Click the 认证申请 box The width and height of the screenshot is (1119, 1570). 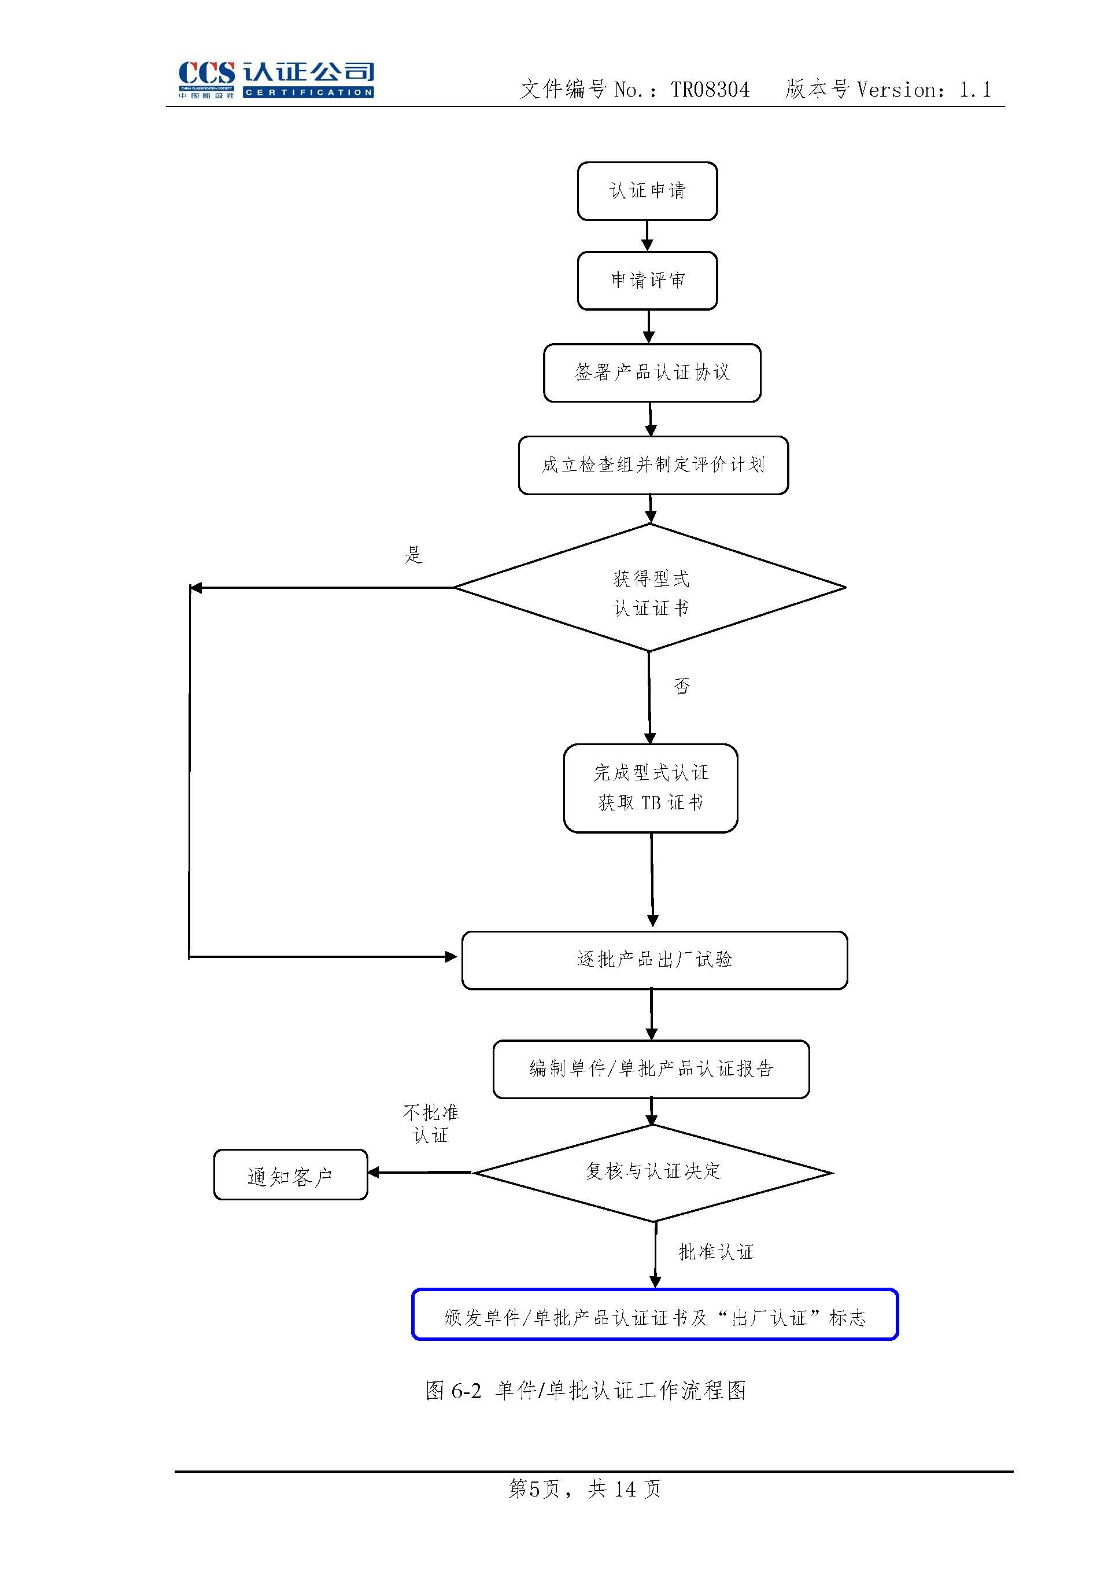pos(647,191)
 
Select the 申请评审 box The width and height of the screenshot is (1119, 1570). pos(647,281)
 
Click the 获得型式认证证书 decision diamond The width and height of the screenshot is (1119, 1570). pos(650,588)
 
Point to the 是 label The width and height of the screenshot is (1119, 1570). pos(413,555)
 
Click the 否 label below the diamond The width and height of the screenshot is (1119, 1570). pos(681,686)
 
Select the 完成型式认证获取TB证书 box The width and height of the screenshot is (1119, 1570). pos(651,788)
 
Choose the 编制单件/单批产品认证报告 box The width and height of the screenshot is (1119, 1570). pos(651,1069)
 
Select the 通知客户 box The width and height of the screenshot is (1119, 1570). pos(290,1175)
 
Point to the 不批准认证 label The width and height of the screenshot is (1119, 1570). pos(431,1123)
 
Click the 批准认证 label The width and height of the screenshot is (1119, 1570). pos(716,1252)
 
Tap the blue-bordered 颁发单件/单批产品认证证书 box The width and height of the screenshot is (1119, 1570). pos(655,1318)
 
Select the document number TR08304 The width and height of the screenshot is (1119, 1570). pos(710,90)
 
